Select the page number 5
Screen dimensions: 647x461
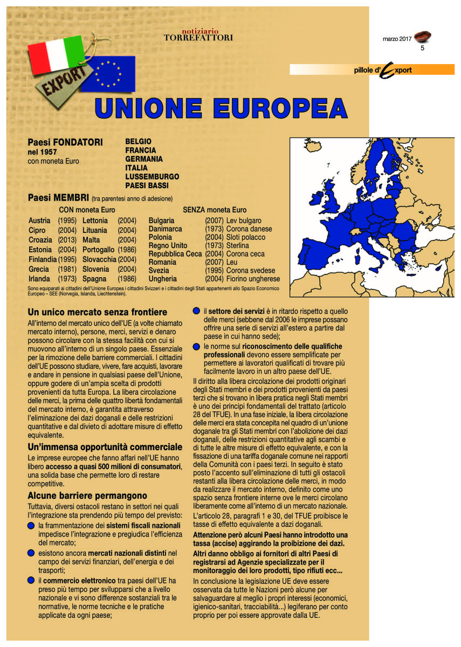tap(423, 49)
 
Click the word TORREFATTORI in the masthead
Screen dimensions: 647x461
tap(198, 38)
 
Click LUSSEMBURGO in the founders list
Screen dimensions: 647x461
tap(152, 176)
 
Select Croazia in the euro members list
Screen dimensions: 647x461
tap(40, 240)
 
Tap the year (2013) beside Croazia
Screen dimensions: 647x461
tap(67, 240)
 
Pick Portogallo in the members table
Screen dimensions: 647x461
tap(99, 250)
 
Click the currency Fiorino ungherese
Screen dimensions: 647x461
tap(253, 279)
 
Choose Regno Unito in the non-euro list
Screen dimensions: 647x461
tap(168, 246)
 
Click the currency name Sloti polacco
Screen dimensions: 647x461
tap(246, 237)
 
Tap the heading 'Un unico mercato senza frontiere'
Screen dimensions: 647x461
tap(97, 312)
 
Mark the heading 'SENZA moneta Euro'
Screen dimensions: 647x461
tap(215, 210)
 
